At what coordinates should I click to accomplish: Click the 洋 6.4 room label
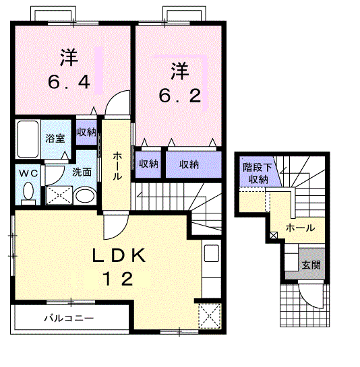68,71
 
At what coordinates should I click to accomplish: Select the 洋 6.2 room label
179,82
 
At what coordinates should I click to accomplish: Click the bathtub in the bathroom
28,139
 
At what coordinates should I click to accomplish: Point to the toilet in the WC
28,193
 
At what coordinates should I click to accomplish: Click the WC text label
28,172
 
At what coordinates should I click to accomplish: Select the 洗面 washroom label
82,172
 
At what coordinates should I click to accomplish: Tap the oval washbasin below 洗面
84,196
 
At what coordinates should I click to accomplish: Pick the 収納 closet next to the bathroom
86,131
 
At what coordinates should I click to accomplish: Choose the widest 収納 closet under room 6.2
189,164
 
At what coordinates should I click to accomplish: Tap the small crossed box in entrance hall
273,235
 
